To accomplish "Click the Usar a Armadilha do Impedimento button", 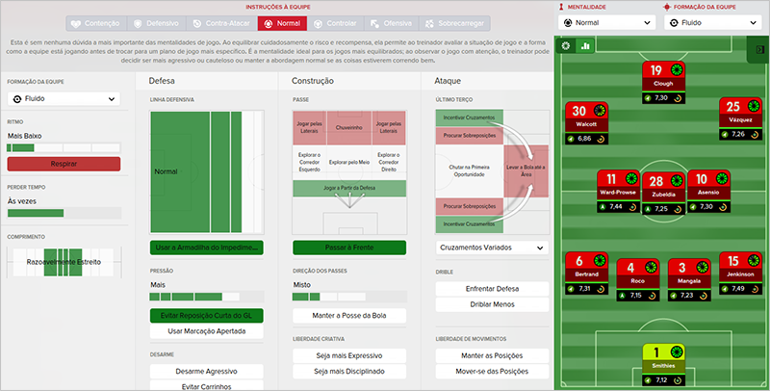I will [207, 248].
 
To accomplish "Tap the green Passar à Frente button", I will [349, 248].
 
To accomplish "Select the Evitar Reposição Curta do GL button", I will [207, 315].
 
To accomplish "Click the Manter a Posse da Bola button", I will [349, 315].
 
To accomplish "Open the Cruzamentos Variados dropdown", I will [491, 248].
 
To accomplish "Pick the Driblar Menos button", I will [491, 305].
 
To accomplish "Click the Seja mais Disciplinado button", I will [349, 372].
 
